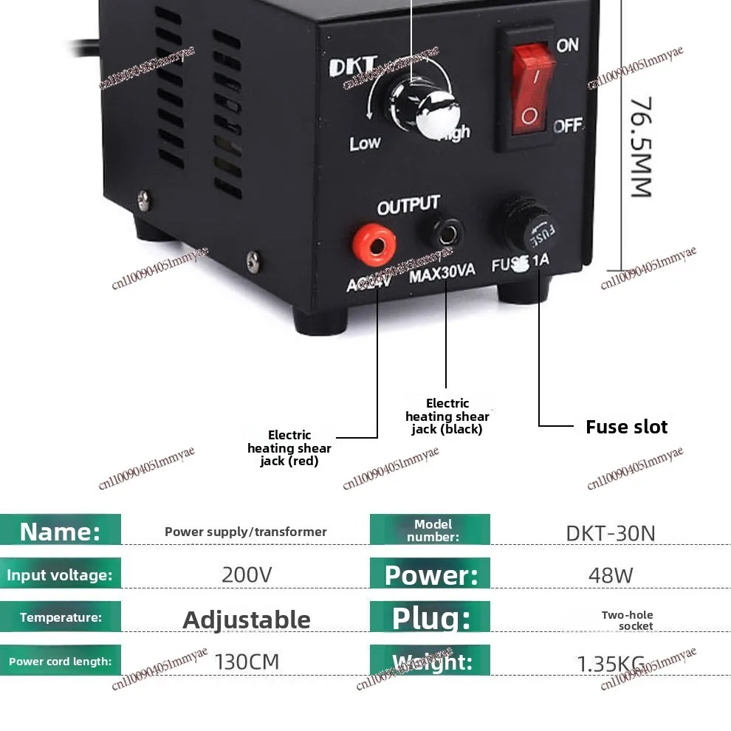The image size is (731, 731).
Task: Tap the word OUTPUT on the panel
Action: coord(408,206)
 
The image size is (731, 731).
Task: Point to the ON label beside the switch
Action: coord(567,45)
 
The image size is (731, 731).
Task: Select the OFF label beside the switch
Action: coord(568,126)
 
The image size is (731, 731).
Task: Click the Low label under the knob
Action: coord(365,143)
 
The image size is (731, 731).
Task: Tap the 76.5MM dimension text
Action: coord(640,147)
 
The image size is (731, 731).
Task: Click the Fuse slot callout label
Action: coord(626,427)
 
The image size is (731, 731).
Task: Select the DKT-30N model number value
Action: coord(611,532)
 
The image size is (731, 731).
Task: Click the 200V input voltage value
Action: coord(247,574)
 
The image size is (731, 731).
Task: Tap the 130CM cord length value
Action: coord(247,661)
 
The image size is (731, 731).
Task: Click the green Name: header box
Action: coord(61,531)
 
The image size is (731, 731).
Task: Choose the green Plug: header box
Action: coord(430,618)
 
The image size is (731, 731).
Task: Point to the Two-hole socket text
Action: coord(627,620)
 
